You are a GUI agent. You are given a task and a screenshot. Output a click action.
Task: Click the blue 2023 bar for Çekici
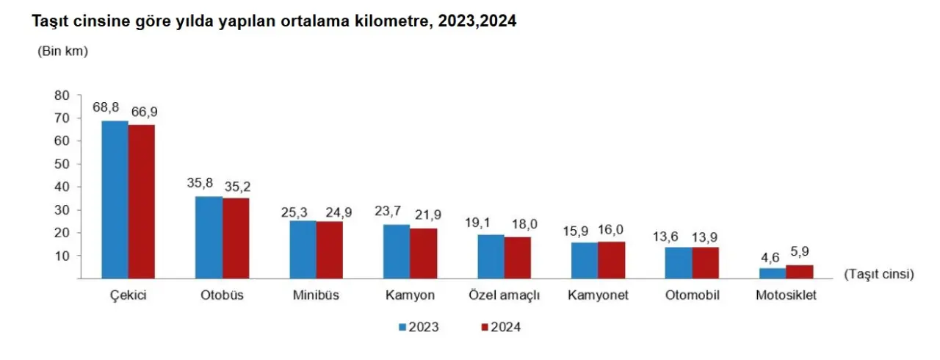coord(115,199)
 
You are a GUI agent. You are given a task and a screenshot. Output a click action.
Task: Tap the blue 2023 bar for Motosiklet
coord(772,273)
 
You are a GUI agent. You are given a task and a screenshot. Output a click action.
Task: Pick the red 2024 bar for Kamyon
coord(424,253)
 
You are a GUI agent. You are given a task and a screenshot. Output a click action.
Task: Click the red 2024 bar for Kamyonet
coord(612,260)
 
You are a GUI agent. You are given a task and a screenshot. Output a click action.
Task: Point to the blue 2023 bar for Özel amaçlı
coord(491,256)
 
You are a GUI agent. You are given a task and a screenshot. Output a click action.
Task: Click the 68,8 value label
coord(106,107)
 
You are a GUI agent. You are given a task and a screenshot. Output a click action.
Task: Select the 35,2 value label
coord(237,186)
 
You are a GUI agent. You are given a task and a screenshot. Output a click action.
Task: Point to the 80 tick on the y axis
coord(62,95)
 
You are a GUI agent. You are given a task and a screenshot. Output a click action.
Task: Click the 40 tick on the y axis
coord(62,187)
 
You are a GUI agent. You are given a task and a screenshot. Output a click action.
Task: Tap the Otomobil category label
coord(692,296)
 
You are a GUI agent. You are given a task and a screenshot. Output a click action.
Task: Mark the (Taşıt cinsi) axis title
coord(878,274)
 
